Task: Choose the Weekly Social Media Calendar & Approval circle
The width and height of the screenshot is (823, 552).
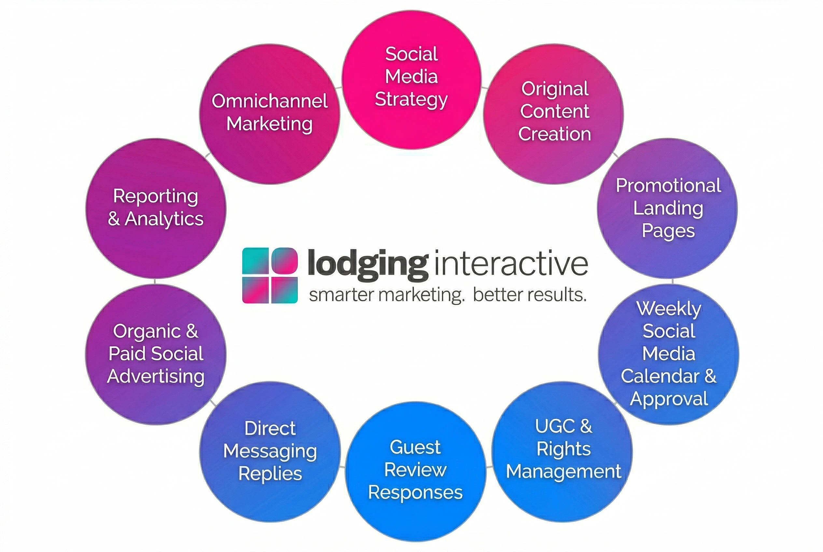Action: point(668,354)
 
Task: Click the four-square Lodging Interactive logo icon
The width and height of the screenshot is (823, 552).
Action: point(270,275)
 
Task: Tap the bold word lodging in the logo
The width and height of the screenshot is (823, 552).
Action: point(368,265)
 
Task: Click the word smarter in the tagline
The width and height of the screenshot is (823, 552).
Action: point(341,295)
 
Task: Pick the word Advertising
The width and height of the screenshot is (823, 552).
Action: point(156,376)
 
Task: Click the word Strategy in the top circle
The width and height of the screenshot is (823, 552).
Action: point(411,100)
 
